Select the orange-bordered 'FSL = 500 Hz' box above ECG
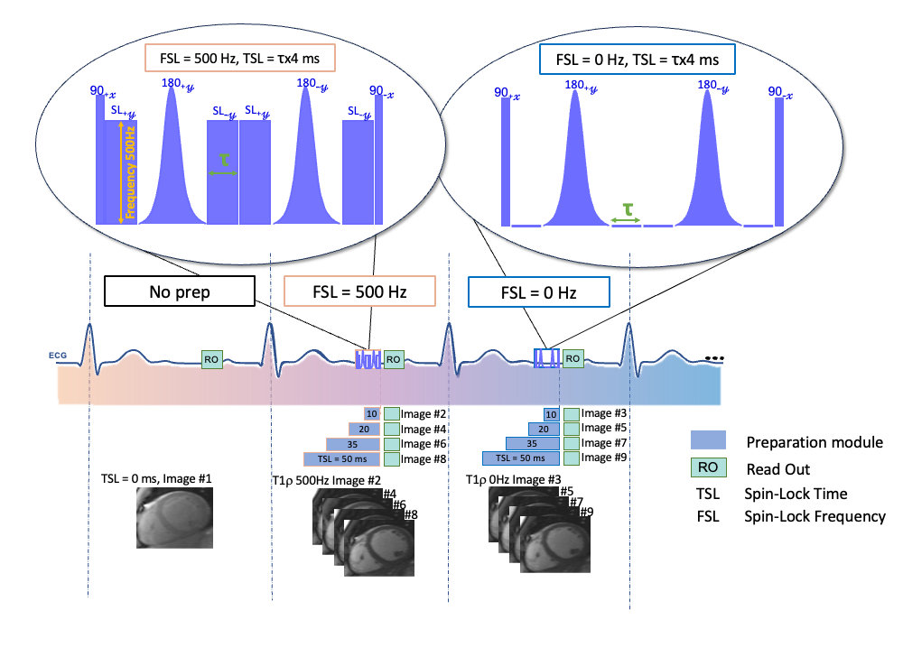(359, 292)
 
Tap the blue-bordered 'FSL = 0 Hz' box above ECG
(539, 292)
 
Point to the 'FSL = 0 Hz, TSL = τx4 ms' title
(637, 60)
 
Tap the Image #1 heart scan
(174, 513)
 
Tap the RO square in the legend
(708, 468)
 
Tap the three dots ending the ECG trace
(714, 358)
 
